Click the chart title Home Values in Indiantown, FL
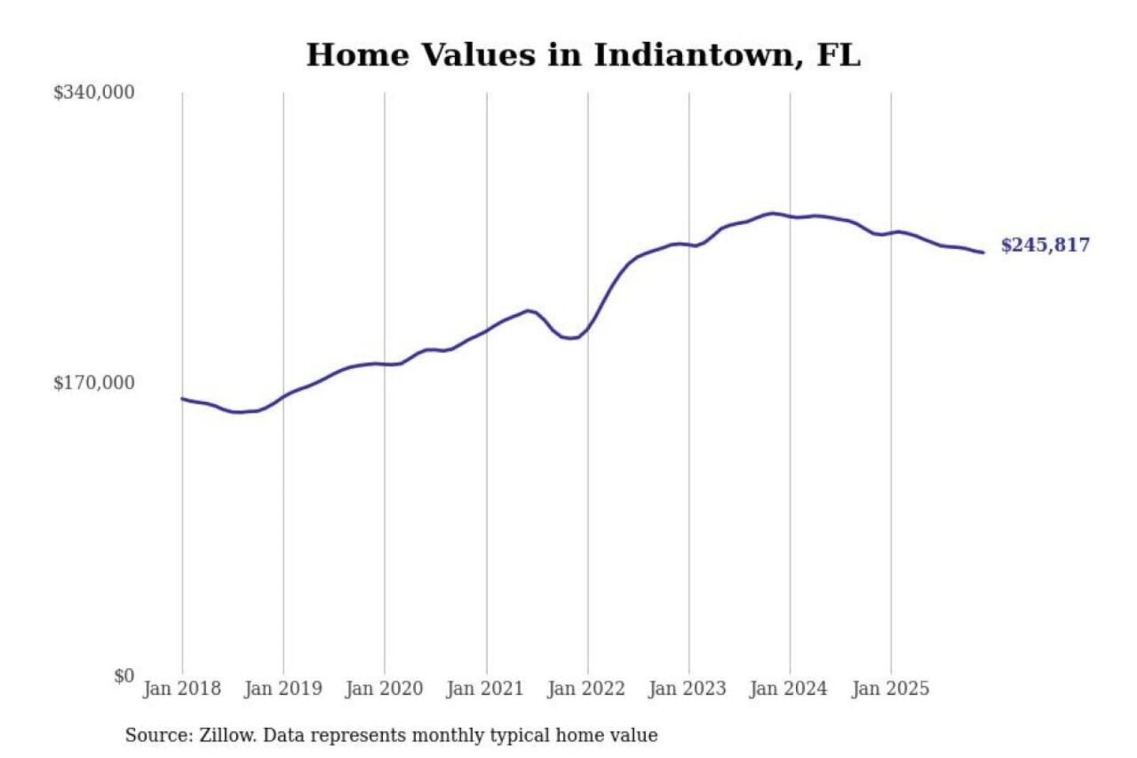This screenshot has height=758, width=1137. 583,55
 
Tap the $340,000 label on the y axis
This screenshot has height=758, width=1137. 94,92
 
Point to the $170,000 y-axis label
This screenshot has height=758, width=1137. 94,383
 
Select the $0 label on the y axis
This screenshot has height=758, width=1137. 123,676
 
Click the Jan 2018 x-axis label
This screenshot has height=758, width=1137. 182,689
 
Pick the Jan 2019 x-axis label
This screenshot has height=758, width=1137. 283,689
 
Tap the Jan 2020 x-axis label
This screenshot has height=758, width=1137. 384,689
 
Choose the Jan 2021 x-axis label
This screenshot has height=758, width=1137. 485,689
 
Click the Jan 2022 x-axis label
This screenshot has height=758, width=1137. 586,689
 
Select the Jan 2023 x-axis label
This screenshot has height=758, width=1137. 687,689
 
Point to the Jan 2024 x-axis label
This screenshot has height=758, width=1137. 788,689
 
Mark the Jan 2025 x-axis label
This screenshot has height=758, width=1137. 890,689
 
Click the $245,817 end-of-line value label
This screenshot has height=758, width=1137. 1045,245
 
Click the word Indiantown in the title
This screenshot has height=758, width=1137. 692,55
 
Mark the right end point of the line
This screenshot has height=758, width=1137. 983,253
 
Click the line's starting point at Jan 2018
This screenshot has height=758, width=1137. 182,399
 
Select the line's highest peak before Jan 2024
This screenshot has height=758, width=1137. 772,213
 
